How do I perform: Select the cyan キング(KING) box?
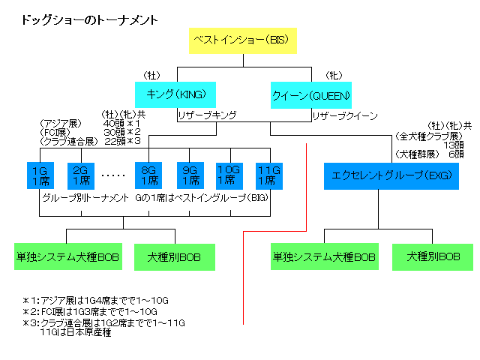[175, 94]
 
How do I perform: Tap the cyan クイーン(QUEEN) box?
[310, 95]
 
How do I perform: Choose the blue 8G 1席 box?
[147, 175]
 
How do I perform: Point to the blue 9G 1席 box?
[190, 175]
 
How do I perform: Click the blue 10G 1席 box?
[229, 175]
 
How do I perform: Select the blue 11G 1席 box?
[268, 175]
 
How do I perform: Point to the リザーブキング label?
[207, 115]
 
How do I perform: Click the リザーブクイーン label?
[345, 115]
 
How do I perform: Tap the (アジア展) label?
[59, 123]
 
